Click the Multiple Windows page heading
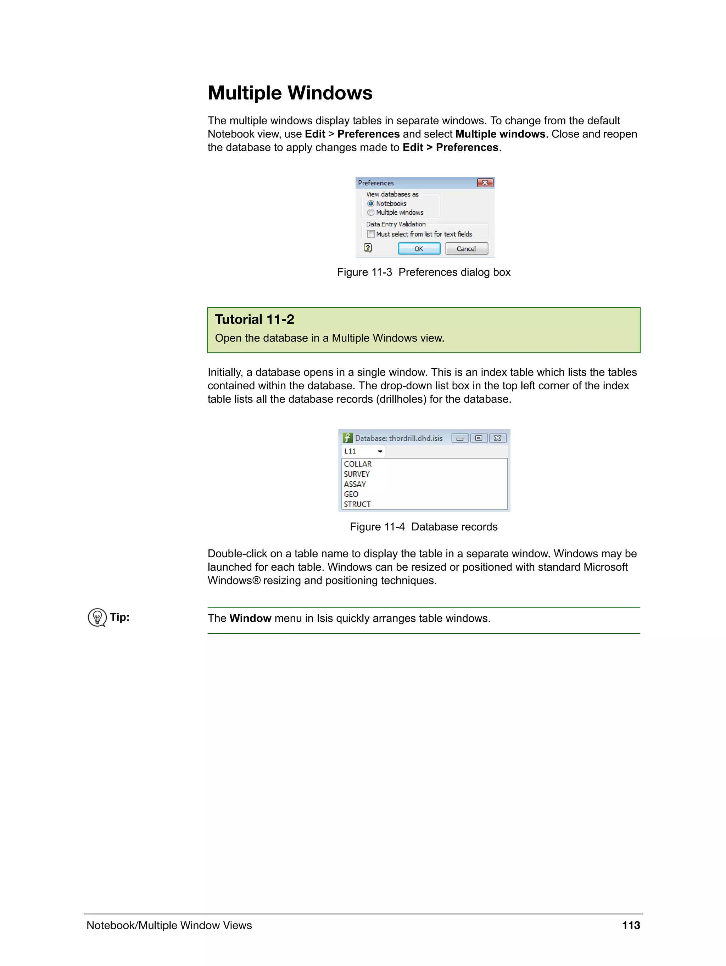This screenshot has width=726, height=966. click(x=290, y=93)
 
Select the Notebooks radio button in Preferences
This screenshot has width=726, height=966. click(x=371, y=203)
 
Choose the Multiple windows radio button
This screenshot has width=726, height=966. click(x=371, y=213)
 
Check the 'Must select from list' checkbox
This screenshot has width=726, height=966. click(x=371, y=234)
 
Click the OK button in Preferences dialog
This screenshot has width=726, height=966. click(x=419, y=248)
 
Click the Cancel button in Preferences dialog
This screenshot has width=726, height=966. click(x=466, y=248)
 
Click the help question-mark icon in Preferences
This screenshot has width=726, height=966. click(x=368, y=248)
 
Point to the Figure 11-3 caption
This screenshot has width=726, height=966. click(x=423, y=272)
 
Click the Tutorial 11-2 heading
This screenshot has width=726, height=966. click(x=255, y=319)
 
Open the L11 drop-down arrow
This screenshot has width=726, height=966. click(x=380, y=451)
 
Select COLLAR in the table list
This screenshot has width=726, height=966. click(x=358, y=464)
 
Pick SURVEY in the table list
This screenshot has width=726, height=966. click(x=357, y=474)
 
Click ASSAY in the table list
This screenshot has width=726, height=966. click(x=354, y=484)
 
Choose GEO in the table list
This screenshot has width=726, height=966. click(x=351, y=494)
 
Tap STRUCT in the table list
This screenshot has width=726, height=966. click(x=357, y=504)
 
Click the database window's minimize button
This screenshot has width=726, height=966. click(x=460, y=439)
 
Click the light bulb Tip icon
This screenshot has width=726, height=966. click(x=97, y=617)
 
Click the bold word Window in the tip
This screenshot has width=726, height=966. click(x=251, y=618)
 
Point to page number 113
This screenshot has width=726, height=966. click(x=631, y=925)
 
